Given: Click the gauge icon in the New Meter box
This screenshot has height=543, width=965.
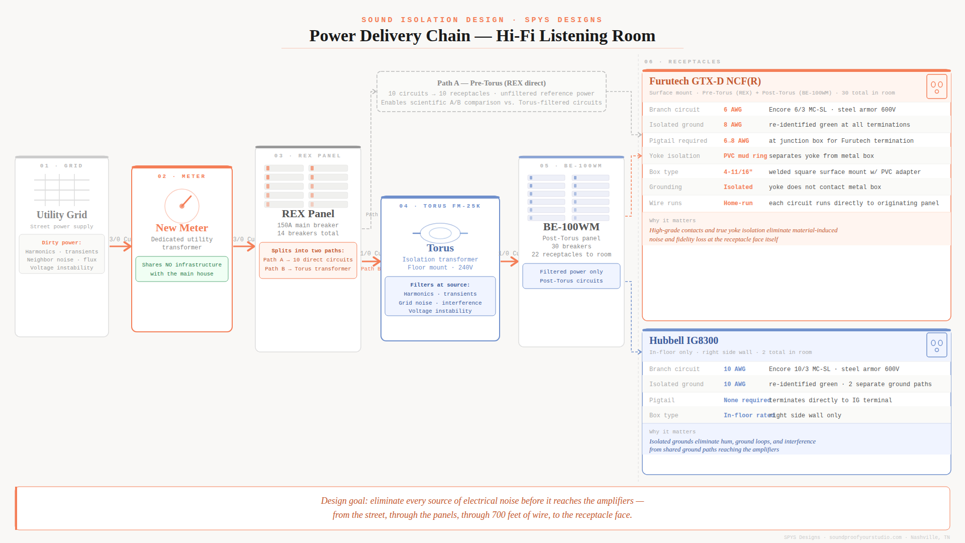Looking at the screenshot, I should click(x=182, y=206).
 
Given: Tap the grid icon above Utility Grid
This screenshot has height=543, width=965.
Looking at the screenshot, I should click(x=62, y=190).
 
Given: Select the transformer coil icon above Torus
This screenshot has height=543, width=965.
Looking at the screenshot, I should click(x=440, y=233).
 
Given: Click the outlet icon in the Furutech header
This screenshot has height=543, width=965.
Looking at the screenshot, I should click(x=936, y=86).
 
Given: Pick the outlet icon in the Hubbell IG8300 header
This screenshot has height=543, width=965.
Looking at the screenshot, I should click(x=936, y=345).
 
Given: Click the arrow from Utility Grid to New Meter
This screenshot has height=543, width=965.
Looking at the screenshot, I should click(x=121, y=246).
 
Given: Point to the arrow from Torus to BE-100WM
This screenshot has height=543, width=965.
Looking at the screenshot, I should click(x=509, y=261).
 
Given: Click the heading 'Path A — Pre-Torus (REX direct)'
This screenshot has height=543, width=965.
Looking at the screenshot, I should click(x=491, y=83).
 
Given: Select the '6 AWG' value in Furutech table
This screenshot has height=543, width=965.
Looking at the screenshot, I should click(x=732, y=110).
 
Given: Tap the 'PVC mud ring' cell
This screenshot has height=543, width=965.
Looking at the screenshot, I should click(x=745, y=156).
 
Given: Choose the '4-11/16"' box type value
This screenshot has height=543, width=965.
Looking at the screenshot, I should click(x=738, y=172).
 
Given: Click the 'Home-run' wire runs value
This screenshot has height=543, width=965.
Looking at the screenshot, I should click(x=738, y=203).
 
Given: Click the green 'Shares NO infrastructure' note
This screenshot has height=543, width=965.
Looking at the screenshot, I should click(x=181, y=269).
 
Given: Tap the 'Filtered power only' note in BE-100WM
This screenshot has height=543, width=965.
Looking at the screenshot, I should click(x=571, y=276).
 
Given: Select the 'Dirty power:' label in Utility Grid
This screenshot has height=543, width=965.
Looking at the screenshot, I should click(x=61, y=242).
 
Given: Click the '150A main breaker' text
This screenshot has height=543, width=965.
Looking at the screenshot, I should click(x=308, y=225).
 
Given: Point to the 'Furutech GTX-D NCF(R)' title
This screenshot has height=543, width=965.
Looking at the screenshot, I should click(x=705, y=81).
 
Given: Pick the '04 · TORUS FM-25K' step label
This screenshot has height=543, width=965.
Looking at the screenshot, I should click(x=440, y=206).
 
